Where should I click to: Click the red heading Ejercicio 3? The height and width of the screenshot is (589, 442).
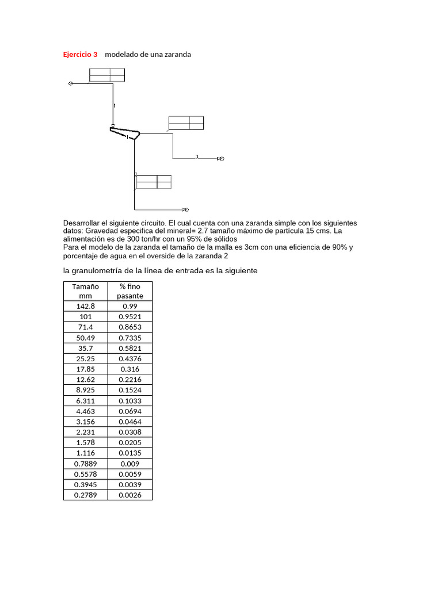(80, 54)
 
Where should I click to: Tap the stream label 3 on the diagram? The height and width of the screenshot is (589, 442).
(197, 156)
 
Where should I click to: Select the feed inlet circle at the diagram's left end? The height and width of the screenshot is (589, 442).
(70, 83)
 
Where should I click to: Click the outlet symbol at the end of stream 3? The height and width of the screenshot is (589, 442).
(220, 158)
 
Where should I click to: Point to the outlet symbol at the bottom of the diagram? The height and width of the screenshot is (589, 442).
(185, 209)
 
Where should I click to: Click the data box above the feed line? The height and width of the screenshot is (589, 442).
(107, 75)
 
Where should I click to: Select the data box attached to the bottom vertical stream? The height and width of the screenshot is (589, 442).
(154, 182)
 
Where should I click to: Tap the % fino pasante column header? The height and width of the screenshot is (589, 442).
(130, 290)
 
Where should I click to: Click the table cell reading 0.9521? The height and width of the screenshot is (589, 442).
(130, 316)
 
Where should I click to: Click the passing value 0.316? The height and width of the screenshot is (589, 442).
(130, 369)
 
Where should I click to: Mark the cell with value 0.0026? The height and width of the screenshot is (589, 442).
(130, 495)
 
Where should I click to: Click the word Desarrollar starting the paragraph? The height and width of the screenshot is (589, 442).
(81, 223)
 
